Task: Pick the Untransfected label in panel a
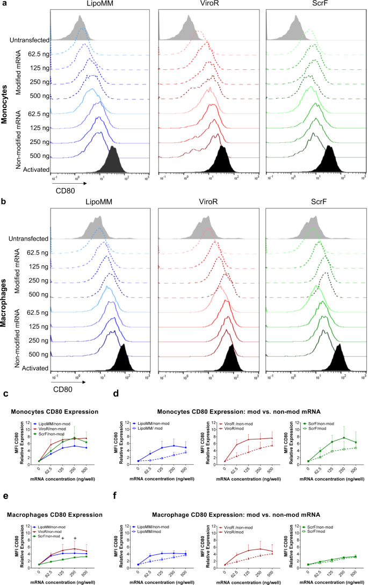tap(28, 40)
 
